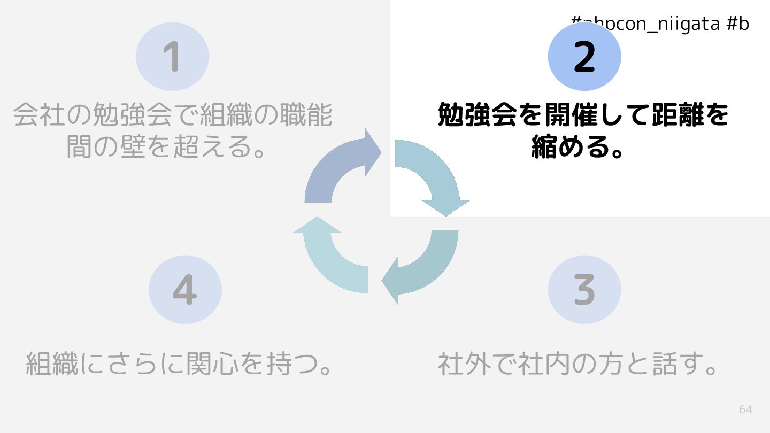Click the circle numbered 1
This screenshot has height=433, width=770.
tap(172, 57)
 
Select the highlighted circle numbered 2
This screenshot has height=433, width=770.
tap(584, 57)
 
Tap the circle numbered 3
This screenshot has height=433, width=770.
tap(584, 289)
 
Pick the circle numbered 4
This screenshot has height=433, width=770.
tap(185, 289)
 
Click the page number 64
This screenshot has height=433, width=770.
tap(745, 409)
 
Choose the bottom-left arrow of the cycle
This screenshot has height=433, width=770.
tap(332, 257)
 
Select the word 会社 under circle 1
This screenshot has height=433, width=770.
tap(39, 115)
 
